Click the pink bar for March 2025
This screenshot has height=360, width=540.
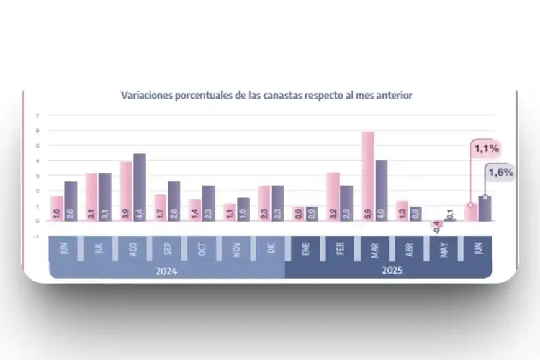pos(367,176)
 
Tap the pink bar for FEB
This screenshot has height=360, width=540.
pos(333,197)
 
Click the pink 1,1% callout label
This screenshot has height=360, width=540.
pos(487,149)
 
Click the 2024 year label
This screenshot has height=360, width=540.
pos(166,271)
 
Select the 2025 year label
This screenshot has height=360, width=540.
pos(388,271)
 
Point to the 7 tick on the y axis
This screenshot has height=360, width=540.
pos(38,115)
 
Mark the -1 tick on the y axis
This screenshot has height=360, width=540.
pos(37,236)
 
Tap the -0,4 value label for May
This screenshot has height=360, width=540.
pos(437,228)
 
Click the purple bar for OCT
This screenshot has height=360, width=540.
pos(209,203)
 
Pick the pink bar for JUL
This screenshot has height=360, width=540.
pos(91,197)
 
